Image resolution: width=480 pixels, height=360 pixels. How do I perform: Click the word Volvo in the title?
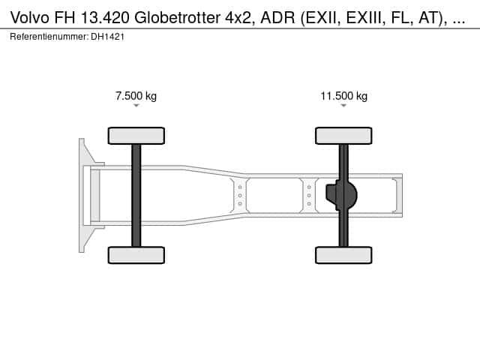pos(30,18)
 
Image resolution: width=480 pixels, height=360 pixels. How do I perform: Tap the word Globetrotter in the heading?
pos(177,18)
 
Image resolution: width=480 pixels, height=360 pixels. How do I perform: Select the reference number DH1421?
pos(107,37)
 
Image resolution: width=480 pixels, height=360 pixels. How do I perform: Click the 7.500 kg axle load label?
pos(136,96)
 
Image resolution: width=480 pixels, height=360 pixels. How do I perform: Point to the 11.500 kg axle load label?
pos(343,96)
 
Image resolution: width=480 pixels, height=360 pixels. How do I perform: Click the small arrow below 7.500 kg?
pos(136,106)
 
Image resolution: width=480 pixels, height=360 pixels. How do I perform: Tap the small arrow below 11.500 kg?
pos(343,106)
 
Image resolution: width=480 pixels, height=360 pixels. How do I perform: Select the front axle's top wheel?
pos(136,136)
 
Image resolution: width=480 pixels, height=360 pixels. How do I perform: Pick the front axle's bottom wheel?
pos(136,255)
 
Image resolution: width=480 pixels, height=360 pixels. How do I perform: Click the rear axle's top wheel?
pos(343,136)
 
